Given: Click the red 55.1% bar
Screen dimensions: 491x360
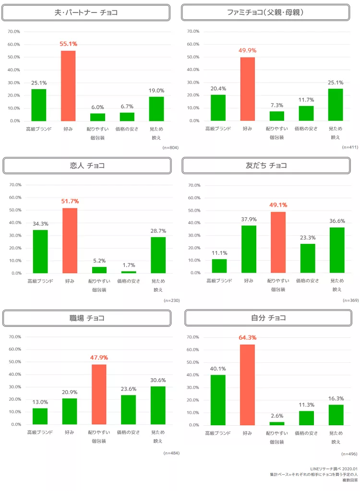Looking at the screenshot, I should point(68,86).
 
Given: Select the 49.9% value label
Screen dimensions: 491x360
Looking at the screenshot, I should point(247,50).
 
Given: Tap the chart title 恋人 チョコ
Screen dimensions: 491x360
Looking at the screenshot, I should point(87,166).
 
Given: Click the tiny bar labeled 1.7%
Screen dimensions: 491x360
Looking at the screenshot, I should point(129,272).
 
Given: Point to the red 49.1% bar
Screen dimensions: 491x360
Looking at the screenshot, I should point(278,242).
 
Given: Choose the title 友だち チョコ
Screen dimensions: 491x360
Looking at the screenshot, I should point(266,166).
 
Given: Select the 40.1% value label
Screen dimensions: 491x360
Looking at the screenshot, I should point(218,369).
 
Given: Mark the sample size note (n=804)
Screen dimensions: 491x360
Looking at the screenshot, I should point(170,147).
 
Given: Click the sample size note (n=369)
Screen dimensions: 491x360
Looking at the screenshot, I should point(350,300).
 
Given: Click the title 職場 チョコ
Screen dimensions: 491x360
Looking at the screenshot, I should point(87,318).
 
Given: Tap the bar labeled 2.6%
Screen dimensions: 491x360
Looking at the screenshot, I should point(277,423).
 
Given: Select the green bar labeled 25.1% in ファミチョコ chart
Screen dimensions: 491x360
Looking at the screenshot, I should point(336,105).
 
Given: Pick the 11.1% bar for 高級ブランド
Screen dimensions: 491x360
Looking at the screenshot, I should point(219,266).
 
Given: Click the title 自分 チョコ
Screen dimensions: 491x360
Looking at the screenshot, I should point(268,318).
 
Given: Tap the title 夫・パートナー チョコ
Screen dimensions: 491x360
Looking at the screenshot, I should point(86,12).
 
